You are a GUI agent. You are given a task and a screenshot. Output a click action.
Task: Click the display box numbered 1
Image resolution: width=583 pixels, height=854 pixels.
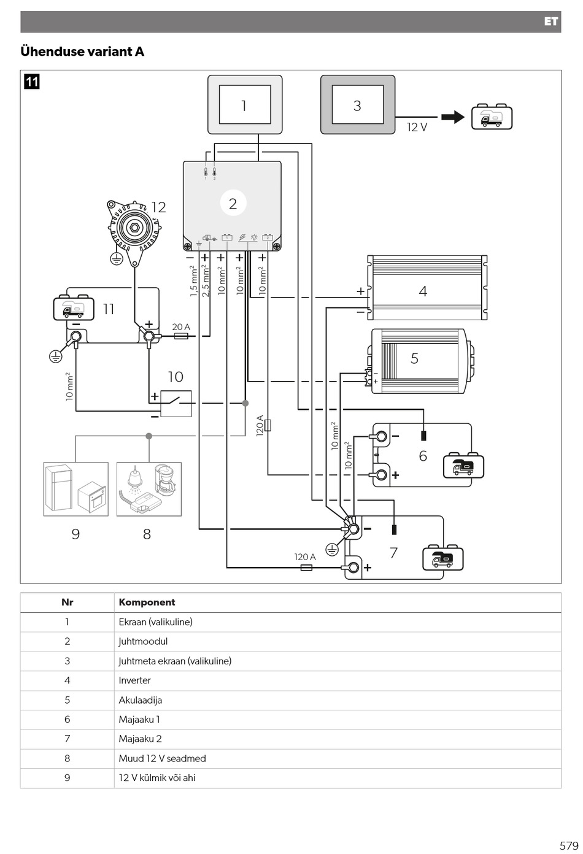245,104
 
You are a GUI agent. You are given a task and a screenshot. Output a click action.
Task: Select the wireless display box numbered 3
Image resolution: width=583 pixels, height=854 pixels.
358,104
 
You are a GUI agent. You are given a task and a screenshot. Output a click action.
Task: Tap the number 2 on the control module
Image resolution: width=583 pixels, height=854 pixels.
233,204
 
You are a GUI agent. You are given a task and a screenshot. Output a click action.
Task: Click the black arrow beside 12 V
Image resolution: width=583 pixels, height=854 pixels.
453,117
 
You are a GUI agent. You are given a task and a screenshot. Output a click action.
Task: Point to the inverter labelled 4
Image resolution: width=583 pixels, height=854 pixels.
427,288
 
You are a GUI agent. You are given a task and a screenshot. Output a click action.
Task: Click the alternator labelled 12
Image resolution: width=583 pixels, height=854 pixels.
134,231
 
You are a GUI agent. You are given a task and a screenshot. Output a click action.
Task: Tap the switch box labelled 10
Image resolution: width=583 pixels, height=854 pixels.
176,403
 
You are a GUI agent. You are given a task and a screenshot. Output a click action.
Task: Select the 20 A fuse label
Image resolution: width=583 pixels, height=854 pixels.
181,327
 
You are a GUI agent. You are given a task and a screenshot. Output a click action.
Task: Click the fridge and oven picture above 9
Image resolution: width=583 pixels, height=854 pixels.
76,489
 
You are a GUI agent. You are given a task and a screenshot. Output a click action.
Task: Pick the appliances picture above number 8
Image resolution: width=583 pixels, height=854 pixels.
149,489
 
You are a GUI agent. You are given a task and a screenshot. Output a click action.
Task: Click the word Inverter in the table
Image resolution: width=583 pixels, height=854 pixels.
134,680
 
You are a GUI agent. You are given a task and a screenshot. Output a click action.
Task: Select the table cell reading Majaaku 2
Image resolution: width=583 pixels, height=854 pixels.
140,739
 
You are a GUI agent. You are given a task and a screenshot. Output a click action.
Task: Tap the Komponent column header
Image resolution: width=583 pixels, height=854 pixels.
147,602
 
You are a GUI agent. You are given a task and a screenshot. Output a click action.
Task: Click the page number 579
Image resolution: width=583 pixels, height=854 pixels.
569,845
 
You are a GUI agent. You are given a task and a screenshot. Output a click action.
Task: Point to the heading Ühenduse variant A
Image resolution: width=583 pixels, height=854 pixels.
82,52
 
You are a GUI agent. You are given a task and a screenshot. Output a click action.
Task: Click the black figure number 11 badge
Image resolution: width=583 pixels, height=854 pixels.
32,82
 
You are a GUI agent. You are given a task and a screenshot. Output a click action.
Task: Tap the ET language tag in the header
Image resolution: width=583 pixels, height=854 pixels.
551,21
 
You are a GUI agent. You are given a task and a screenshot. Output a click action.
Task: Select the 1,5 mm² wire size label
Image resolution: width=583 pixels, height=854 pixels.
193,281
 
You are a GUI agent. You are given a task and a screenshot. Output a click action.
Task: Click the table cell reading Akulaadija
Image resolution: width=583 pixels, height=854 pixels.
141,701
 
